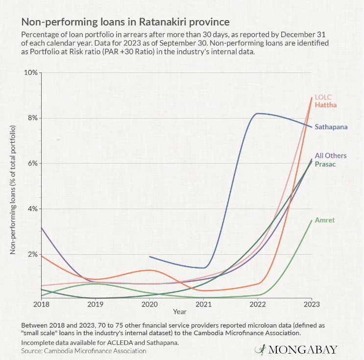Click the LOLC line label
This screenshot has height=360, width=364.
[x=324, y=97]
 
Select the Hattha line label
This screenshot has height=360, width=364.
[x=326, y=105]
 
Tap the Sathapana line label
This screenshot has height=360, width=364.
[x=331, y=127]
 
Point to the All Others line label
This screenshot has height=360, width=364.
[x=331, y=156]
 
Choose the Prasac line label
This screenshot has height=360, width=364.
[x=325, y=164]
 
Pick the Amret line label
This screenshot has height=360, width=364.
[x=324, y=220]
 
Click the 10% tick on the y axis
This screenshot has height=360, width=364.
[x=31, y=72]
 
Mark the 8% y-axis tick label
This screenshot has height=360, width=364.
[x=32, y=118]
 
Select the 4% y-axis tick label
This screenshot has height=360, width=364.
[x=32, y=209]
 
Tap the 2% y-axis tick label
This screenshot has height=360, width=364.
[x=32, y=254]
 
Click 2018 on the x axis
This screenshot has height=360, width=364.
[x=41, y=304]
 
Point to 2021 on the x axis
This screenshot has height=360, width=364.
[x=203, y=304]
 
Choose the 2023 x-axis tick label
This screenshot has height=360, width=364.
[x=312, y=304]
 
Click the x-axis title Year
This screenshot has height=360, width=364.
[x=179, y=312]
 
